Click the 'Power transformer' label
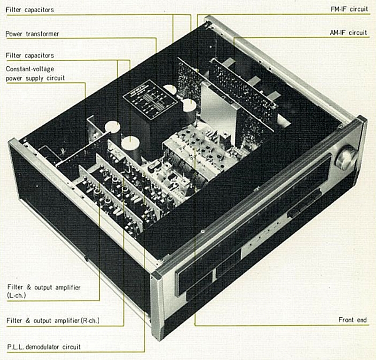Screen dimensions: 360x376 point(35,34)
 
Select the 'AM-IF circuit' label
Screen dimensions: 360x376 point(349,32)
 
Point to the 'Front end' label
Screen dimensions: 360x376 point(352,320)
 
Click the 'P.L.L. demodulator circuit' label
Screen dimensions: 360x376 point(43,347)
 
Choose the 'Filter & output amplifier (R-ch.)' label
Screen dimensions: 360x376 point(55,321)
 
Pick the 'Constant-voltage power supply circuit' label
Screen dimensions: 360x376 point(35,73)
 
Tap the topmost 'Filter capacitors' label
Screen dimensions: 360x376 point(30,9)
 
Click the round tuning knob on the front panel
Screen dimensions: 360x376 point(345,159)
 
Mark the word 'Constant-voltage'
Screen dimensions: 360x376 point(30,69)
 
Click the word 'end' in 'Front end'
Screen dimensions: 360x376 point(361,320)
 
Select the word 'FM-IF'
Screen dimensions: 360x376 point(340,9)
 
